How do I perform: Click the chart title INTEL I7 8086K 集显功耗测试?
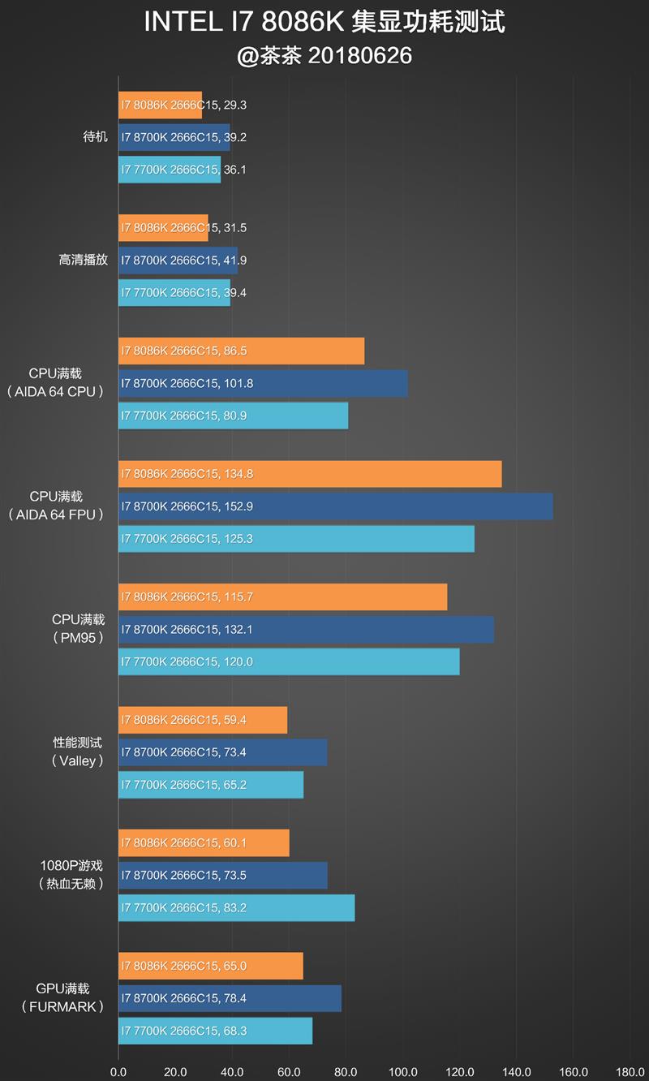point(324,22)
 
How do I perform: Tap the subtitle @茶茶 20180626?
point(324,55)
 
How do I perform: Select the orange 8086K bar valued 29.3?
point(160,106)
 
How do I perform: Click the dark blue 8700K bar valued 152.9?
point(335,506)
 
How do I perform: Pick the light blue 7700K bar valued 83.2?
point(236,908)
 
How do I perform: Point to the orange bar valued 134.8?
point(310,474)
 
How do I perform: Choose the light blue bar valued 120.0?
point(289,662)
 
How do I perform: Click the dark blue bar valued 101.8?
point(263,384)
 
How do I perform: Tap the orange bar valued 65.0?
point(210,967)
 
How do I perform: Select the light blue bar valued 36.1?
point(170,170)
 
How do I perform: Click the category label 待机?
point(95,137)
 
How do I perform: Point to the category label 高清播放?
point(83,261)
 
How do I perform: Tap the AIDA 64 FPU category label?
point(56,515)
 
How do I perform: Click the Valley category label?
point(78,761)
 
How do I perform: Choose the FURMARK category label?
point(62,1007)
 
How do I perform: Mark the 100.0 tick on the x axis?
point(403,1071)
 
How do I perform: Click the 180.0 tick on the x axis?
point(630,1071)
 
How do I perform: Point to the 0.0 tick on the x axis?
point(118,1071)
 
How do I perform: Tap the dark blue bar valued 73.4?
point(222,752)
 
